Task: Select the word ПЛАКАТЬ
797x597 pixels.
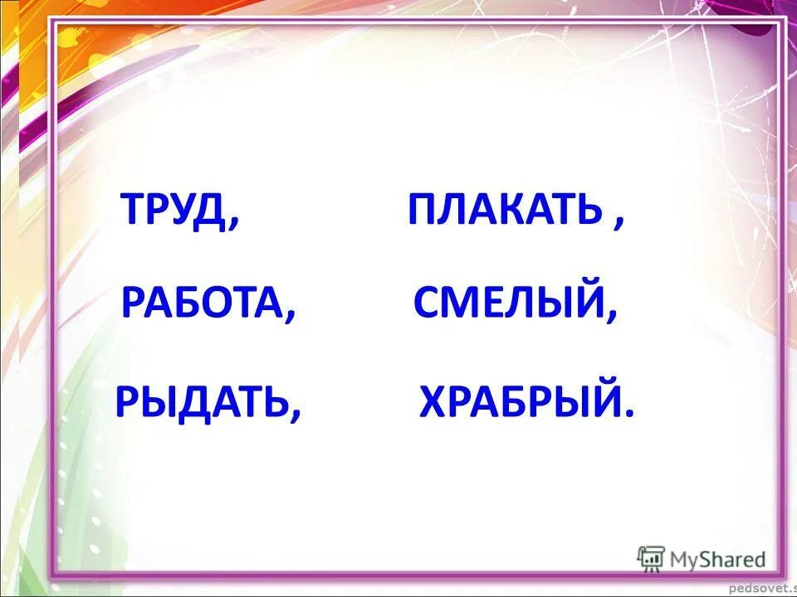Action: (x=503, y=211)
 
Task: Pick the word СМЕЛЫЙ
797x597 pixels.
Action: (x=509, y=303)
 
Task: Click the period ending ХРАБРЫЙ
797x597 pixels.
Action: (x=629, y=412)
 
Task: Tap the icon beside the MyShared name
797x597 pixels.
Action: (x=652, y=558)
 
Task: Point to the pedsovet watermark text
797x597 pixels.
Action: (x=764, y=588)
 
